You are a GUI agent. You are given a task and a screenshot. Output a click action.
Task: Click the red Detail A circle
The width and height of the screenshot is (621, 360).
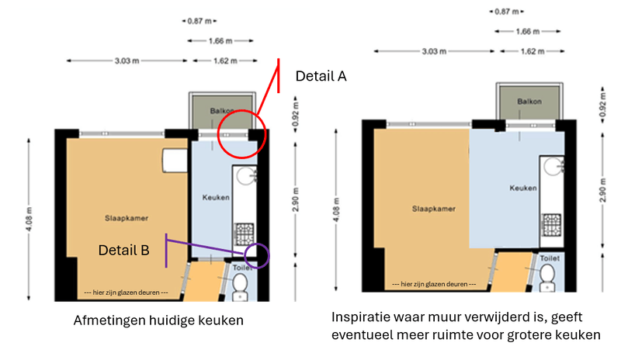coord(218,135)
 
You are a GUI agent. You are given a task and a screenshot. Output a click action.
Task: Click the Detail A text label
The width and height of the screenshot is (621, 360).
coord(321,76)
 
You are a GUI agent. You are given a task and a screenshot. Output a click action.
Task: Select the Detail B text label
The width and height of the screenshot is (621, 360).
coord(123,251)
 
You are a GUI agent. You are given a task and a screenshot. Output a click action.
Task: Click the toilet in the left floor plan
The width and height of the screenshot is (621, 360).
coord(240,287)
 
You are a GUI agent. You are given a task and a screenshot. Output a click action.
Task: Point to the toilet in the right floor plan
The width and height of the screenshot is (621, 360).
coord(547,277)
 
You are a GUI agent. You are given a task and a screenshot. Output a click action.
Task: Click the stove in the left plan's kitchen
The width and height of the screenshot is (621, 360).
coord(244,234)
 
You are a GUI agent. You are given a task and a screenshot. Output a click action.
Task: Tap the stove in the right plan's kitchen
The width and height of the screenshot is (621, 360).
coord(551,224)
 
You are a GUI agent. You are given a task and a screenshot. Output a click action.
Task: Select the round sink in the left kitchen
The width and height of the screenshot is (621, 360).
coord(246,176)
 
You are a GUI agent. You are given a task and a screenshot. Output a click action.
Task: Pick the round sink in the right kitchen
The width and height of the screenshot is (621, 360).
coord(553,167)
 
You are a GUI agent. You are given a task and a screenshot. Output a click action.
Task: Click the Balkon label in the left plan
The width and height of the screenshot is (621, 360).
coord(222,111)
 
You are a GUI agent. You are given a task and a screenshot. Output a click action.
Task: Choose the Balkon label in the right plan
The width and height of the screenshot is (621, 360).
coord(529,102)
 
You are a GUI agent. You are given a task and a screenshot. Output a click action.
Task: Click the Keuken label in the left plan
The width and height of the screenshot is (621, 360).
coord(216,197)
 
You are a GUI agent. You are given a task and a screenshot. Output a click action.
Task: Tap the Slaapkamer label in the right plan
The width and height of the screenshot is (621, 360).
coord(434,209)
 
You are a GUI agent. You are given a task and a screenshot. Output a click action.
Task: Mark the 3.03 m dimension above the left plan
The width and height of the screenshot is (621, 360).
coord(127,61)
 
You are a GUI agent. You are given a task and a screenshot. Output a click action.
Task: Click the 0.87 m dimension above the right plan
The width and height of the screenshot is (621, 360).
coord(507,12)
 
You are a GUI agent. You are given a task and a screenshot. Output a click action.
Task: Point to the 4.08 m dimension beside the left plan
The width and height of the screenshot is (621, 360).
coord(29,219)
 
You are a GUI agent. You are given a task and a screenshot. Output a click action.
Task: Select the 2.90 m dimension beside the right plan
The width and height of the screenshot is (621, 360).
coord(603,190)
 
